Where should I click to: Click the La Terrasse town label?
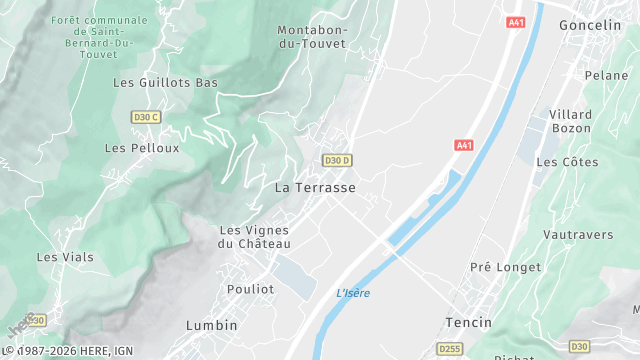click(x=315, y=187)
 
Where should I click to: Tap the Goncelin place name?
click(x=590, y=24)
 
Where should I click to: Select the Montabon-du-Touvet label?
click(x=312, y=38)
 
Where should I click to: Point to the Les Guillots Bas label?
click(x=166, y=82)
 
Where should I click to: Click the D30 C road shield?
click(x=146, y=117)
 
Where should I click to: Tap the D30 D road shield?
click(x=337, y=160)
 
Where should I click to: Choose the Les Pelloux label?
click(x=142, y=148)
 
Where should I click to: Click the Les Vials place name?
click(x=65, y=257)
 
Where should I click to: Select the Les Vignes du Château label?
click(x=255, y=237)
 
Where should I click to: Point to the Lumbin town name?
click(x=212, y=325)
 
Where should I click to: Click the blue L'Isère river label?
click(x=353, y=293)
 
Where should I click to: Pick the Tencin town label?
click(x=468, y=322)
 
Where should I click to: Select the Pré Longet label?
click(x=505, y=267)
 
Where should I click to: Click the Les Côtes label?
click(x=567, y=162)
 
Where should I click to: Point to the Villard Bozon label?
click(x=570, y=122)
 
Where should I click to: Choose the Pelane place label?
click(x=606, y=75)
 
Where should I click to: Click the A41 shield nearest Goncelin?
click(x=516, y=22)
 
